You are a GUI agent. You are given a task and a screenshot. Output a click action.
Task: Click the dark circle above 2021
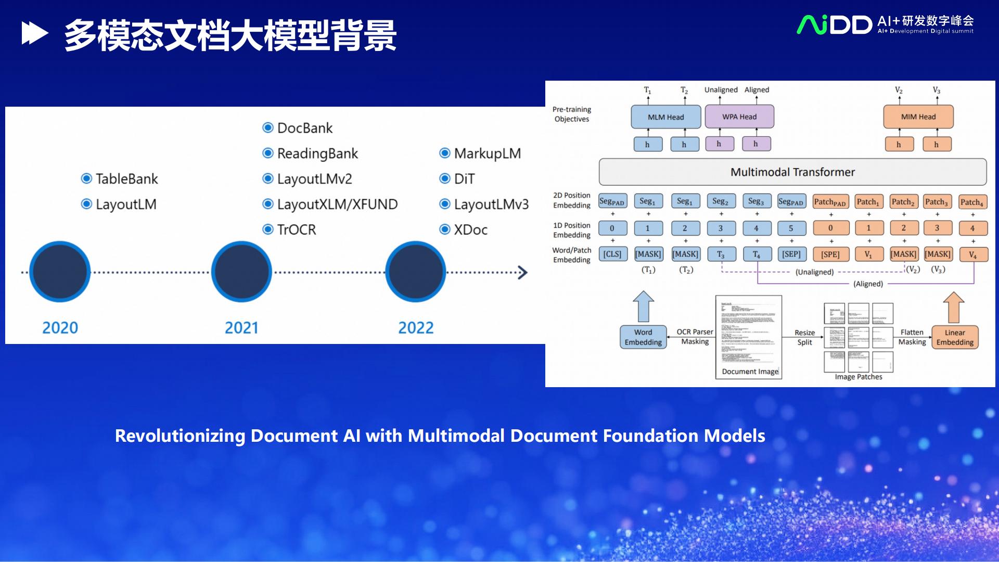(241, 272)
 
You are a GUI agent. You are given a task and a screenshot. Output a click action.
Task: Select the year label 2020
(60, 328)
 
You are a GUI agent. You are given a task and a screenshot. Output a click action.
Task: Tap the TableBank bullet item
(126, 179)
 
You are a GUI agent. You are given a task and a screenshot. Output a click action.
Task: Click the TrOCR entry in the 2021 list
(296, 229)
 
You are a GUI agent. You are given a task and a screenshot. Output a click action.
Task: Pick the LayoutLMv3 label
(491, 205)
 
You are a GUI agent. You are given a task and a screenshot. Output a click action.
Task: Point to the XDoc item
(470, 229)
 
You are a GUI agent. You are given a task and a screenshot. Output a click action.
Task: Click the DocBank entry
(304, 128)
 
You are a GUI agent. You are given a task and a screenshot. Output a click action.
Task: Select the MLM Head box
(665, 117)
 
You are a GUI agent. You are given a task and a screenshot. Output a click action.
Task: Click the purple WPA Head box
(739, 117)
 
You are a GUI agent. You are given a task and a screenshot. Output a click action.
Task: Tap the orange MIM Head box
(918, 117)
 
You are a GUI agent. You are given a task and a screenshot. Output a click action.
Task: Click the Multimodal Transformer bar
(792, 172)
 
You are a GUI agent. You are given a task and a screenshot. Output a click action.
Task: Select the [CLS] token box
(612, 254)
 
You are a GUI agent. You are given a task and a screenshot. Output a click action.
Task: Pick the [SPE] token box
(830, 254)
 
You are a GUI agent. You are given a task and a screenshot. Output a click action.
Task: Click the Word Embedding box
(643, 337)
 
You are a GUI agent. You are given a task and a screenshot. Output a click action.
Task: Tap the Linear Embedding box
(954, 337)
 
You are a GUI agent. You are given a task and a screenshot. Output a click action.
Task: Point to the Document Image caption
(750, 372)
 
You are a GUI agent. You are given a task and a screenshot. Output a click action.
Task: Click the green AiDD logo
(834, 25)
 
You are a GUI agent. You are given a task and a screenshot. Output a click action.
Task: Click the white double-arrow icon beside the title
(35, 34)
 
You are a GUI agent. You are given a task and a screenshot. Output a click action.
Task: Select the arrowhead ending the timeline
(522, 272)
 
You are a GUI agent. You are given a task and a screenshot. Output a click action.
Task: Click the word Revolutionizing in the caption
(180, 436)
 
